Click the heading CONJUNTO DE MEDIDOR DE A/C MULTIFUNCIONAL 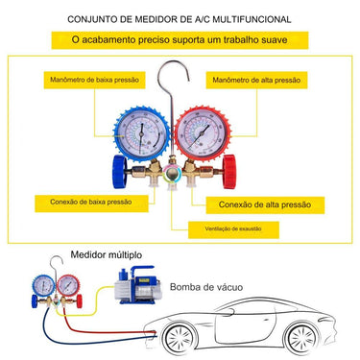180,17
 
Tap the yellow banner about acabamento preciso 180,39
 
